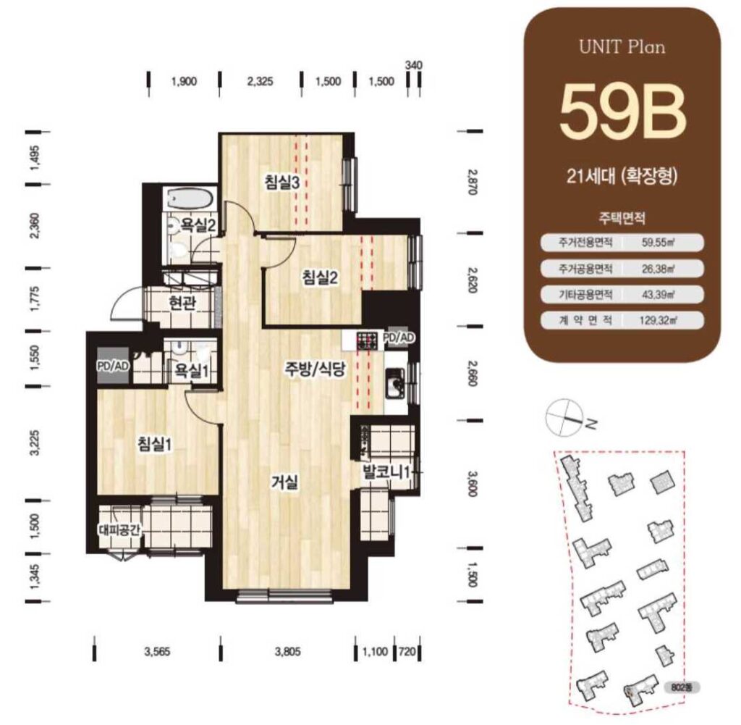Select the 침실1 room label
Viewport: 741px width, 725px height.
click(155, 444)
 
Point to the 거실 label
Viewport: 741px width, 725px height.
click(284, 482)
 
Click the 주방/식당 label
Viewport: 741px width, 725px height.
click(316, 369)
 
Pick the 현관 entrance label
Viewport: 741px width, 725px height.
click(182, 303)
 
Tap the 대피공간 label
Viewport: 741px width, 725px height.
click(120, 529)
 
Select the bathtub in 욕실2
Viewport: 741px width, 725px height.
click(190, 198)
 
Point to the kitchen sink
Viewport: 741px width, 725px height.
click(395, 383)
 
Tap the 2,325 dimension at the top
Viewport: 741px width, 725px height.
click(260, 81)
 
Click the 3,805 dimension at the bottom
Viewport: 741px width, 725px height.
click(288, 652)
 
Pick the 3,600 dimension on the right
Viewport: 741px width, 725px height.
click(471, 483)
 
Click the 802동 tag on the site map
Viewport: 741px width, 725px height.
click(682, 687)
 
